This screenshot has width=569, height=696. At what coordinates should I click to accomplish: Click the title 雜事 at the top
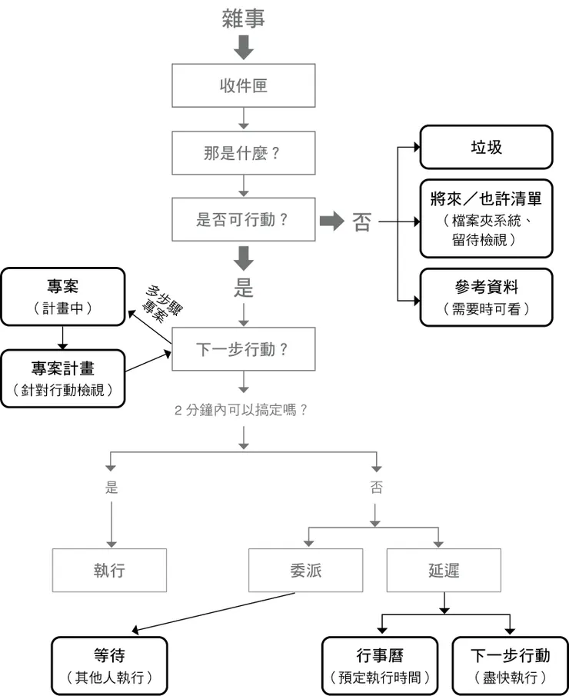[x=243, y=18]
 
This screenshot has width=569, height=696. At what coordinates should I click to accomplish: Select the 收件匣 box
[x=243, y=85]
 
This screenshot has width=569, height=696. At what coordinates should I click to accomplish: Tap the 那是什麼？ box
[x=243, y=152]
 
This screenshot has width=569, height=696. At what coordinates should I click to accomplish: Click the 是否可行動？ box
[x=243, y=220]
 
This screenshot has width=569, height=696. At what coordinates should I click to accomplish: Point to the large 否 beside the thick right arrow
[x=361, y=222]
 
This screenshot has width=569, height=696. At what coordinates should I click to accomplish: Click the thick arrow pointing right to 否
[x=331, y=221]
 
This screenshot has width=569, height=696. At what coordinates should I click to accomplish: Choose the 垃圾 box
[x=486, y=147]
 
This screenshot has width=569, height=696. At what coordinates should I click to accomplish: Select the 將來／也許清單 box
[x=486, y=218]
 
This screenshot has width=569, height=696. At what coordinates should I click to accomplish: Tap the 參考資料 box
[x=486, y=297]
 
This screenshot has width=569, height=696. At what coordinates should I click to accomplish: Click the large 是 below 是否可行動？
[x=243, y=289]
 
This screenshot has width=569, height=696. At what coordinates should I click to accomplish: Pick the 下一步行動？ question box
[x=243, y=349]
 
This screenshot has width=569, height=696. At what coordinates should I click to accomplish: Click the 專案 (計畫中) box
[x=62, y=296]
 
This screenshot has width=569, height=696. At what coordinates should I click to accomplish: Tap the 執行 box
[x=109, y=570]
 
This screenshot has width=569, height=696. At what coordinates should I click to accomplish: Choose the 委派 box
[x=306, y=570]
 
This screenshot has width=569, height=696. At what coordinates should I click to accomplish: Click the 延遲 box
[x=444, y=570]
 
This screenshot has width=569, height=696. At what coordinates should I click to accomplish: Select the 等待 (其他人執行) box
[x=109, y=665]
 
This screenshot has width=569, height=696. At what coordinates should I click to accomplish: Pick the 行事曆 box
[x=380, y=665]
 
